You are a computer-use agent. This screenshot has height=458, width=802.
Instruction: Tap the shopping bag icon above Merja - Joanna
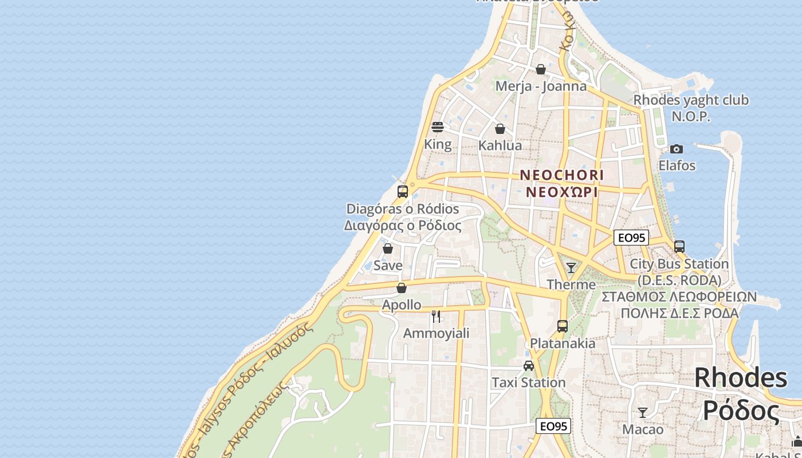540,69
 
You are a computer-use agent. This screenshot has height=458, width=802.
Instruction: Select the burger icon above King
438,127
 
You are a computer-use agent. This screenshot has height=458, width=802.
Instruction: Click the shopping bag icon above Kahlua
500,129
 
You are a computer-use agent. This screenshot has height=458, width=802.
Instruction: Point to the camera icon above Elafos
677,149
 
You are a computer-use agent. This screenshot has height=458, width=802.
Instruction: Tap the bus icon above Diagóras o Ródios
403,191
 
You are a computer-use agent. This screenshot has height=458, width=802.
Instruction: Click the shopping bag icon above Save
388,248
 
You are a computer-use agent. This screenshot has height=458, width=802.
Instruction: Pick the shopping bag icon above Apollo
402,287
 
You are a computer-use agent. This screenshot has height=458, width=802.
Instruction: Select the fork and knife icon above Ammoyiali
436,316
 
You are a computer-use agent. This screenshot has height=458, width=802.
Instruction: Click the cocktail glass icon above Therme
571,267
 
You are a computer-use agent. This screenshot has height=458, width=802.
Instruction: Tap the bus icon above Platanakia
563,326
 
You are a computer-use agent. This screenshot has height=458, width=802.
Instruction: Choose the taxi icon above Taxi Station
529,365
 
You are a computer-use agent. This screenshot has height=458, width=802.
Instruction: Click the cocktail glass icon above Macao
643,412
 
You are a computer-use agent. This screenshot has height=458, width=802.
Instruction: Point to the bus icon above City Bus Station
679,247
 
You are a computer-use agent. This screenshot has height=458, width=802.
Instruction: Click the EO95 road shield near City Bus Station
631,238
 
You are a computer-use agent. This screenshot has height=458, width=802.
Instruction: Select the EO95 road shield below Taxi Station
554,426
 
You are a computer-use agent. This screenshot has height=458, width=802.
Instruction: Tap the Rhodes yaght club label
690,100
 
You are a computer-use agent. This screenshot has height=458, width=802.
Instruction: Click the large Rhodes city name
741,378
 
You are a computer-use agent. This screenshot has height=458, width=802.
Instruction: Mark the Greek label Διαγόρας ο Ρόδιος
403,226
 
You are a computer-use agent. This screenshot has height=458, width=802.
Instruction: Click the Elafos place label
677,165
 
